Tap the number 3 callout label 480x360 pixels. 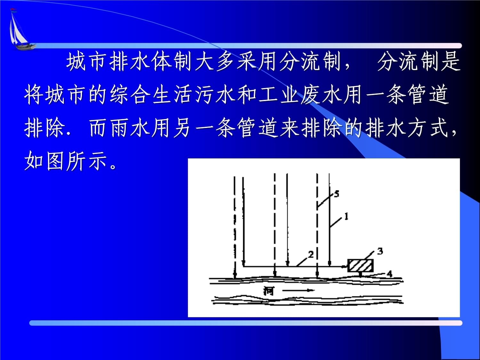[x=380, y=251]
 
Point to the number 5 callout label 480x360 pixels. [x=336, y=194]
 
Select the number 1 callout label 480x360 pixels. [x=346, y=217]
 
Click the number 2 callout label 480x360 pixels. [x=310, y=254]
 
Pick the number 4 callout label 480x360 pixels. [x=389, y=274]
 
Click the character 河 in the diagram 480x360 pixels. [x=269, y=291]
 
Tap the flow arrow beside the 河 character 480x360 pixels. [x=298, y=291]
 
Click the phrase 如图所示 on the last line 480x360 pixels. [x=66, y=162]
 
